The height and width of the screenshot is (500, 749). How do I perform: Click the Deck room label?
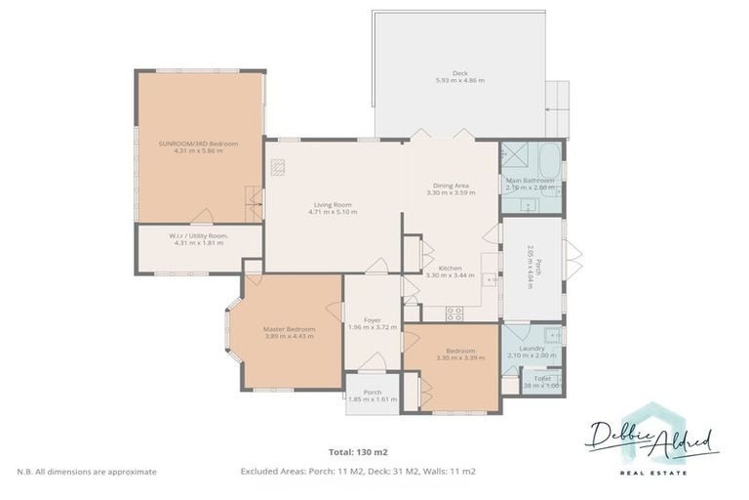[x=459, y=72]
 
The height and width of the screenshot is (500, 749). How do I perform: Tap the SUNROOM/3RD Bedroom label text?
[x=198, y=144]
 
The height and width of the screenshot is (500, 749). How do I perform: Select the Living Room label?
[x=332, y=204]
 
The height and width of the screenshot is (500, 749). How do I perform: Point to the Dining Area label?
[x=450, y=185]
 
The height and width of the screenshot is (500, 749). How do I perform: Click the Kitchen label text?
[x=450, y=268]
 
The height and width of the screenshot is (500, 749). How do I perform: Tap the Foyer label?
[x=372, y=319]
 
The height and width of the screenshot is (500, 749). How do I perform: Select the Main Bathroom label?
[x=531, y=180]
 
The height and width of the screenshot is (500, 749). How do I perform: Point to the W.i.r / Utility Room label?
[x=198, y=235]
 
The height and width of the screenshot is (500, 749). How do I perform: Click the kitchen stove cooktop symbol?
[x=454, y=313]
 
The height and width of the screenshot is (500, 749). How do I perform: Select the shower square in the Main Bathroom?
[x=512, y=155]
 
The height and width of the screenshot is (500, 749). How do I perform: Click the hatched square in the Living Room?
[x=278, y=165]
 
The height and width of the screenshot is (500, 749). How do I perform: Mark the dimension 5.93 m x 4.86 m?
[x=459, y=80]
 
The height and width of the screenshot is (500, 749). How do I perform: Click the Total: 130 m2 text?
[x=357, y=453]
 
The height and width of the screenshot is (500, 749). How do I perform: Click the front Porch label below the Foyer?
[x=372, y=393]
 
